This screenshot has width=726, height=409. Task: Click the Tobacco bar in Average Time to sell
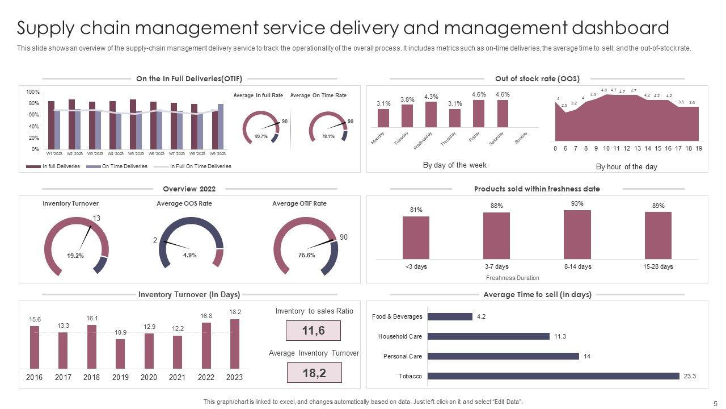[553, 376]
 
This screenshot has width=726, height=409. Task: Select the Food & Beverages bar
[450, 316]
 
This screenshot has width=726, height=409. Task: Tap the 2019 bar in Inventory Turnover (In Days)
[120, 354]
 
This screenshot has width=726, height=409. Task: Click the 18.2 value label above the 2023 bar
[234, 312]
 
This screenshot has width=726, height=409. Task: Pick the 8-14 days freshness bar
[577, 235]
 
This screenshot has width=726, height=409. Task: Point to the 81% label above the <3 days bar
[416, 210]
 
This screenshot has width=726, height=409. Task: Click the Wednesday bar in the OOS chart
[431, 114]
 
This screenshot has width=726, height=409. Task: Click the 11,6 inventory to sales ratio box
[313, 331]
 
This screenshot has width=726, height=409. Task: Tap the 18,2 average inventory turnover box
[314, 373]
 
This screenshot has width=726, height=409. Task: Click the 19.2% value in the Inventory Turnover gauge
[75, 256]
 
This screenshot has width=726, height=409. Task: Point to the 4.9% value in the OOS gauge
[190, 255]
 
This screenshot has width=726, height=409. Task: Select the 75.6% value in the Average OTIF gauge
[306, 255]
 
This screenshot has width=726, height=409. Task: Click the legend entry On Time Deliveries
[124, 166]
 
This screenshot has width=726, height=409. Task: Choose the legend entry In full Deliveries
[61, 166]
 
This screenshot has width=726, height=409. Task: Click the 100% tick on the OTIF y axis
[33, 92]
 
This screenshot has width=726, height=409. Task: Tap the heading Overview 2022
[189, 189]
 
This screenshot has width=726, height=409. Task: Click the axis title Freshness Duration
[513, 278]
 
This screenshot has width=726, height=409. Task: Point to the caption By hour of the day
[626, 167]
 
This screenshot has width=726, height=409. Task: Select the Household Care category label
[400, 336]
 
